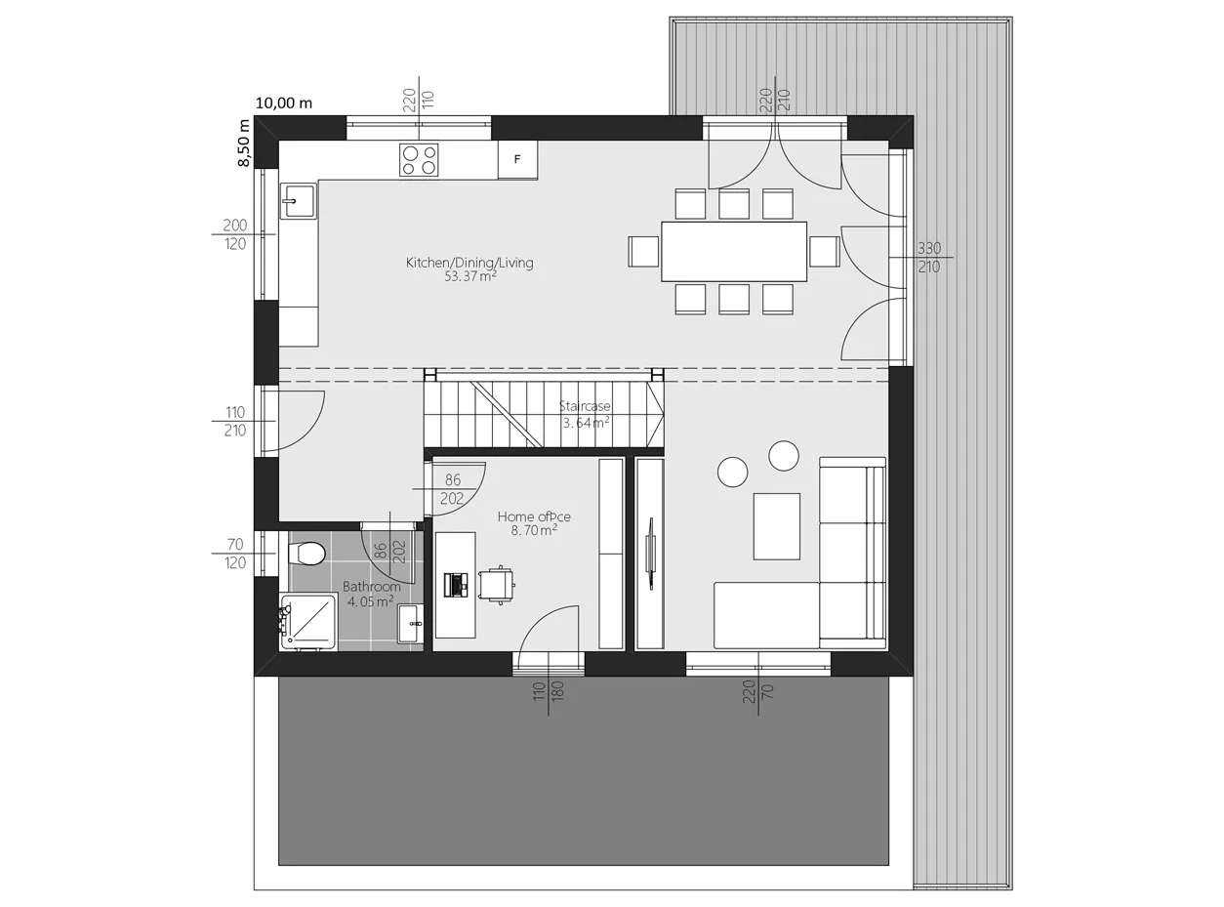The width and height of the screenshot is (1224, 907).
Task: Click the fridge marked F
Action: (x=517, y=159)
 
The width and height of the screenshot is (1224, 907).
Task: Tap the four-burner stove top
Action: (x=419, y=159)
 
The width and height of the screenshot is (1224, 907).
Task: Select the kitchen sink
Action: (x=298, y=201)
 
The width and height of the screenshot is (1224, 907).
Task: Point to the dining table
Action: (x=734, y=252)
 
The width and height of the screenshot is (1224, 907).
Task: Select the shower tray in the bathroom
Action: (x=308, y=622)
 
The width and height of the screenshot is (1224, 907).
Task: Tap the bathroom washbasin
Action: (x=411, y=624)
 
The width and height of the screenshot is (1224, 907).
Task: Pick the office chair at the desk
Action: (x=497, y=585)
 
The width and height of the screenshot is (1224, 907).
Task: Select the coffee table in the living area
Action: (x=776, y=526)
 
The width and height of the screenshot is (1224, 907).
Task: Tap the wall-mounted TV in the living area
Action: (x=650, y=554)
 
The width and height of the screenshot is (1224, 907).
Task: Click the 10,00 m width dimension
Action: (x=284, y=103)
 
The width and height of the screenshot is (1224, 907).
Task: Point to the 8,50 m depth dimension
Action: (x=243, y=143)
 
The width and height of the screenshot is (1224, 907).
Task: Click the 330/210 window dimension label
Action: (x=929, y=257)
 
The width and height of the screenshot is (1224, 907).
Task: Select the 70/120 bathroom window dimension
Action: (x=235, y=554)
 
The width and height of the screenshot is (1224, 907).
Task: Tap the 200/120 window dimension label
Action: (x=235, y=234)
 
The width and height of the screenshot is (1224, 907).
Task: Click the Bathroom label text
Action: (x=371, y=586)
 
